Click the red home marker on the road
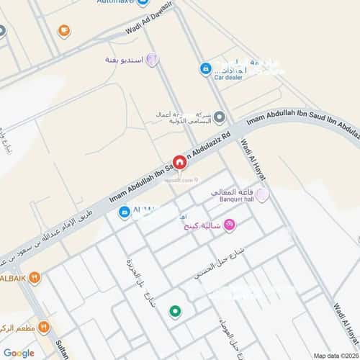pos(180,162)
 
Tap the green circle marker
pos(174,311)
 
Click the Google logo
pos(18,353)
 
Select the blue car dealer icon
pos(206,68)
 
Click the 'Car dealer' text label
pos(228,77)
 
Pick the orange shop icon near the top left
pos(64,31)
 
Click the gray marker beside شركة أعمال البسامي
pos(220,117)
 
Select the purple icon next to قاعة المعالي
pos(261,194)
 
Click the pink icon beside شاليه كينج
pos(230,226)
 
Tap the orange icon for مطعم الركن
pos(44,326)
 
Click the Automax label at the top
pos(111,2)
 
